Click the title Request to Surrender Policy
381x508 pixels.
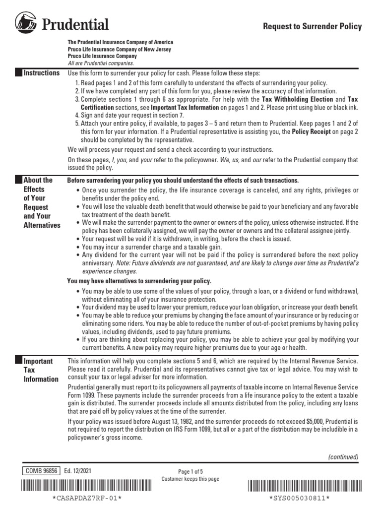(312, 27)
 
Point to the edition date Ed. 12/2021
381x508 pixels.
(77, 471)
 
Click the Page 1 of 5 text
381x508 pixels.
(190, 472)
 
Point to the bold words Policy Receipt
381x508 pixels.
(312, 131)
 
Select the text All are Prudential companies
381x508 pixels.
(101, 63)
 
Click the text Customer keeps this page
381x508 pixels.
(190, 479)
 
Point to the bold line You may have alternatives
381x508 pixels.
(139, 281)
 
